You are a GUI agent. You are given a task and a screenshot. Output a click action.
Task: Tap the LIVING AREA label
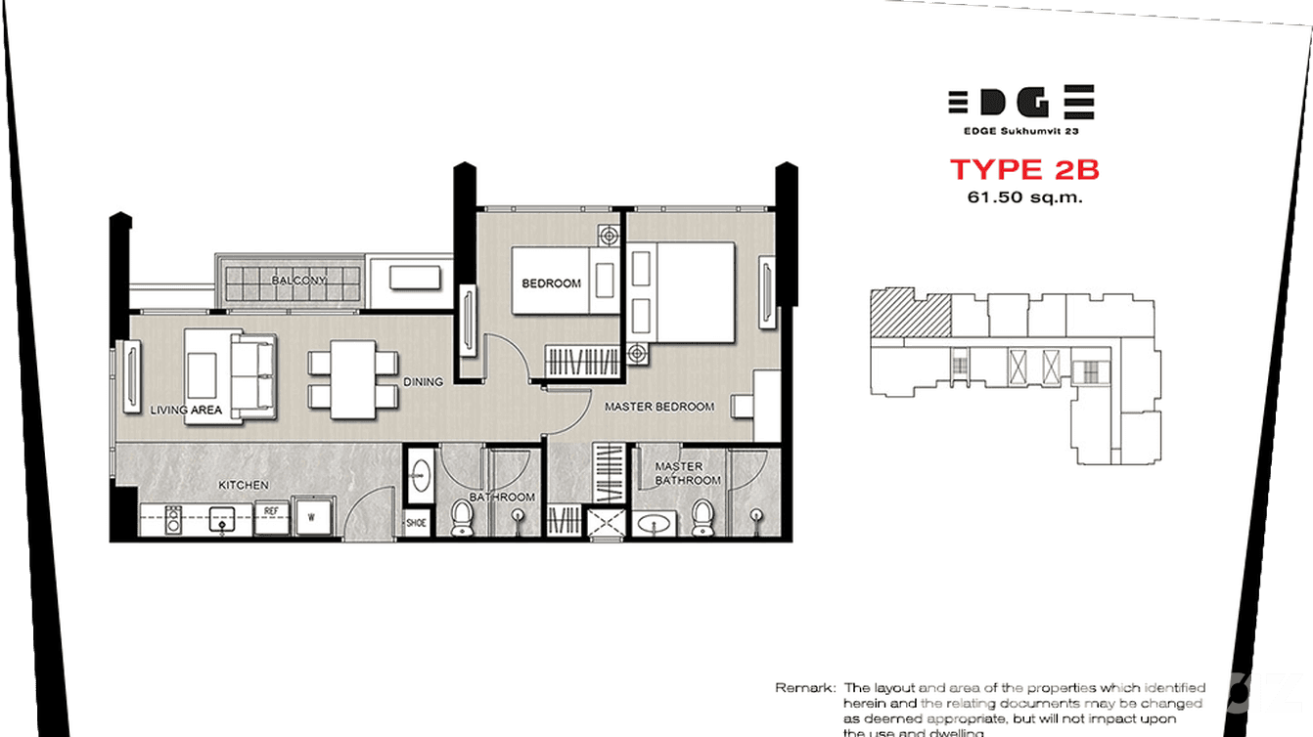point(186,411)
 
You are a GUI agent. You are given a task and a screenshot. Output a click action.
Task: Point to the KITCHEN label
point(244,485)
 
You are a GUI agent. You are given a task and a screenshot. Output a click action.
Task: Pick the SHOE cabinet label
point(417,523)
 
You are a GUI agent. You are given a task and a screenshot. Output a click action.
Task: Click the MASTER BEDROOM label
point(658,407)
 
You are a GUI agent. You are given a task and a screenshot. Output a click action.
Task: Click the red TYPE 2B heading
point(1024,170)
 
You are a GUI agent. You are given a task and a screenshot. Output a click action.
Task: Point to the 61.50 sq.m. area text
point(1023,197)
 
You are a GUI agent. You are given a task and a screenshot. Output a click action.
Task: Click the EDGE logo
point(1020,102)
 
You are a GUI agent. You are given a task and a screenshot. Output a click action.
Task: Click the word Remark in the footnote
point(804,688)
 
